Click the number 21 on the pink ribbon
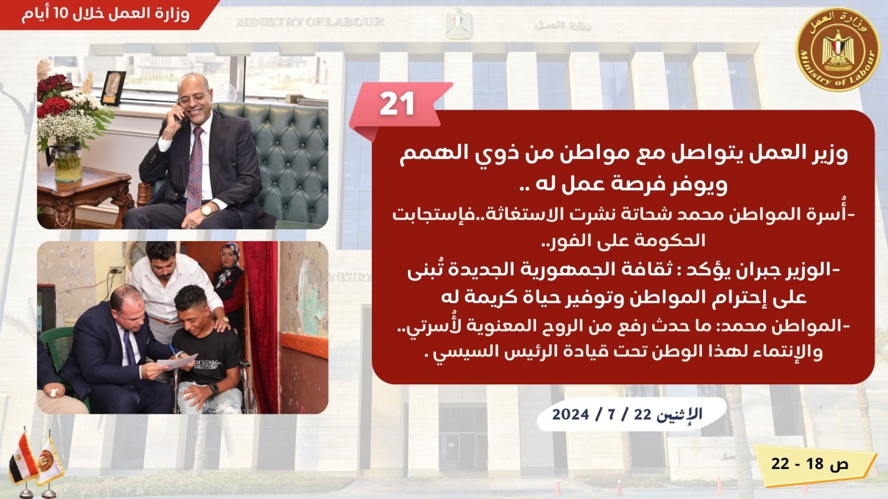(397, 104)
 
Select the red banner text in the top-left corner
(105, 14)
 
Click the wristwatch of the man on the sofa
(207, 210)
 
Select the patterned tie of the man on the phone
(195, 170)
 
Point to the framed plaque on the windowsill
(113, 88)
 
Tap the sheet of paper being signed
(177, 361)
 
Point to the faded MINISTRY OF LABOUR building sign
(310, 21)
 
